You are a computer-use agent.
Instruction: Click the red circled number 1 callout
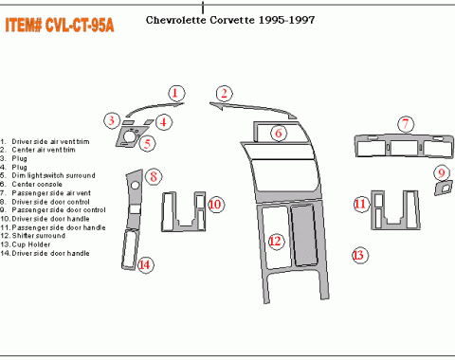(x=176, y=92)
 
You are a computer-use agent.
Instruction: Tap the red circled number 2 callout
(x=224, y=93)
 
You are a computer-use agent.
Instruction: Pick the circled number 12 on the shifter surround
(x=276, y=243)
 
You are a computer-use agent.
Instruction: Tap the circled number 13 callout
(x=358, y=254)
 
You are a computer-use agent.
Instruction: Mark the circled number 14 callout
(x=144, y=265)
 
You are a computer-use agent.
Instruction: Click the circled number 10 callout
(x=216, y=204)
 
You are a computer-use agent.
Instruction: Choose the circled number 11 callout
(x=360, y=204)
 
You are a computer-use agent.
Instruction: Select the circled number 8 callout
(x=153, y=176)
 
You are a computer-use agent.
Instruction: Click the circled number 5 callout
(x=147, y=144)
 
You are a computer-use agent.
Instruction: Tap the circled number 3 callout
(x=112, y=120)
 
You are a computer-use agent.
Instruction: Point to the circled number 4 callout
(x=163, y=121)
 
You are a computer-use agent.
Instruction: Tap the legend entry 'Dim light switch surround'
(x=50, y=175)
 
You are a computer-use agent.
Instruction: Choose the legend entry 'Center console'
(x=37, y=184)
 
